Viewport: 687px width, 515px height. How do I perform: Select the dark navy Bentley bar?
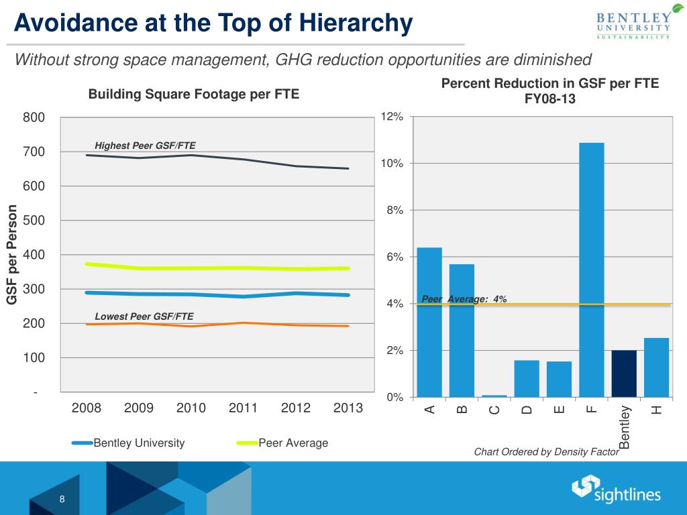(x=624, y=374)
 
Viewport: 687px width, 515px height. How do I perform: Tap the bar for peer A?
(x=429, y=322)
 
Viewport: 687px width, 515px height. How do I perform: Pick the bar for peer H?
(x=656, y=367)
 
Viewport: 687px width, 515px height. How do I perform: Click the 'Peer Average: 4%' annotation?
(x=464, y=299)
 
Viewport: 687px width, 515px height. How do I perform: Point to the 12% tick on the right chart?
(x=392, y=117)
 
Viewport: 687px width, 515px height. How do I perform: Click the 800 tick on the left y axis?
(x=34, y=118)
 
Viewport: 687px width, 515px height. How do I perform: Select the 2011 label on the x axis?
(x=243, y=408)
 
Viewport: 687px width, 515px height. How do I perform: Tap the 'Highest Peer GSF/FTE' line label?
(x=145, y=146)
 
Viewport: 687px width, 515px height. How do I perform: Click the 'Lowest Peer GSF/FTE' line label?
(x=144, y=316)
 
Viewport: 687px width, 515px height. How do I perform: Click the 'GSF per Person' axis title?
(x=12, y=255)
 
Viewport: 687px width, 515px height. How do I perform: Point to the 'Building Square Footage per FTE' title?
(x=193, y=95)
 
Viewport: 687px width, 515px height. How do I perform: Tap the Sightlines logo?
(x=616, y=490)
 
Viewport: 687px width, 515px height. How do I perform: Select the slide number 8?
(x=62, y=499)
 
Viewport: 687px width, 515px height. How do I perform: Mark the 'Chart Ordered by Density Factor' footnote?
(x=546, y=452)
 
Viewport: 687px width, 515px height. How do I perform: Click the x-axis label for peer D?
(x=527, y=410)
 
